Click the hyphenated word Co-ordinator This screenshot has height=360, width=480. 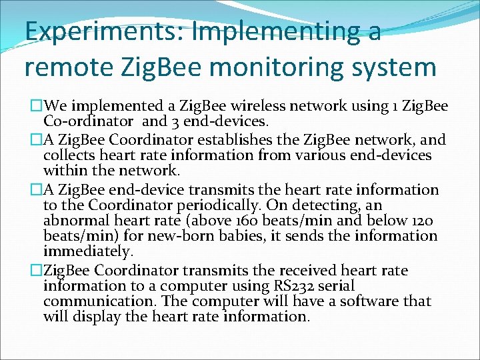click(x=89, y=122)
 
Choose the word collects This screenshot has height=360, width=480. click(x=73, y=156)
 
